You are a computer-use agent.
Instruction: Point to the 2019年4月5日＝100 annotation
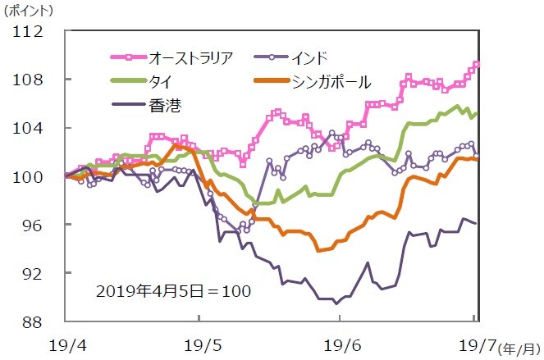tap(171, 291)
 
